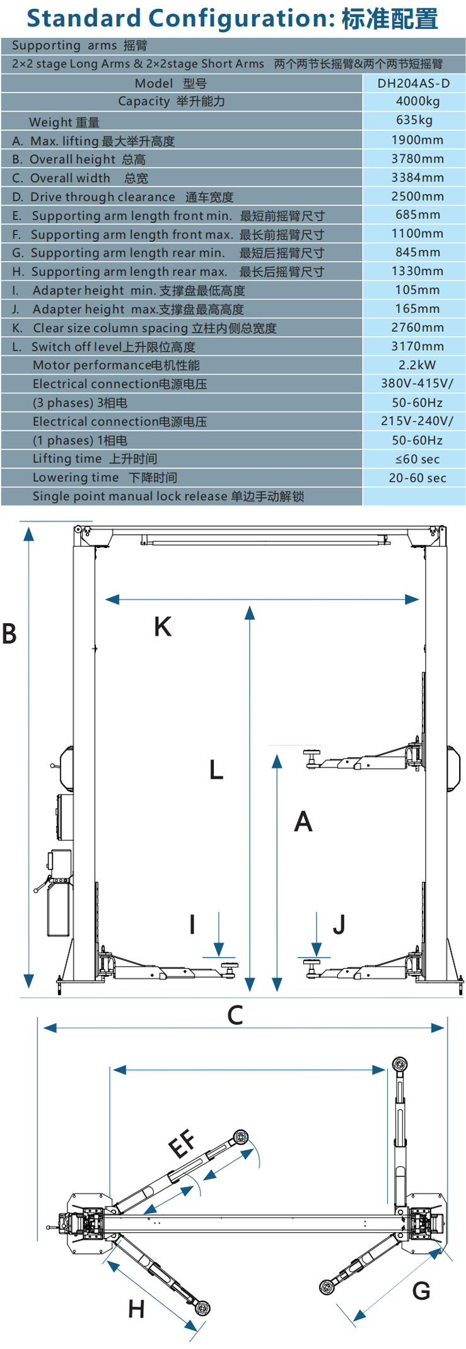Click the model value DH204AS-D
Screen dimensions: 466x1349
[414, 83]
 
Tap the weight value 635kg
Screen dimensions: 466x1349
[414, 120]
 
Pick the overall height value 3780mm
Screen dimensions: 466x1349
[417, 159]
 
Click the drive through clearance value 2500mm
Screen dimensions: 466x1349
[417, 196]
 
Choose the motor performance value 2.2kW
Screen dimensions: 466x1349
[417, 365]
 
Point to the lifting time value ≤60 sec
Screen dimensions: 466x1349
[417, 459]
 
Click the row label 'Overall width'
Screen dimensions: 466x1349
[70, 178]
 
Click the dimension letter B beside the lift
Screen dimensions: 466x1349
[9, 633]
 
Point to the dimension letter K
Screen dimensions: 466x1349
[163, 626]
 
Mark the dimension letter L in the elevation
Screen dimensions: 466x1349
[216, 769]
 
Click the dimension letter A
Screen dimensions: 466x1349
[303, 821]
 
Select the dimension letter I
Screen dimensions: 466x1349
[192, 925]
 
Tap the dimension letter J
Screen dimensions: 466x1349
[339, 925]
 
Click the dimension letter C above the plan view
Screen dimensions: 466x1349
[235, 1015]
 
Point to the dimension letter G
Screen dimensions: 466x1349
[421, 1290]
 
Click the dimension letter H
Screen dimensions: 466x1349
[136, 1309]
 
